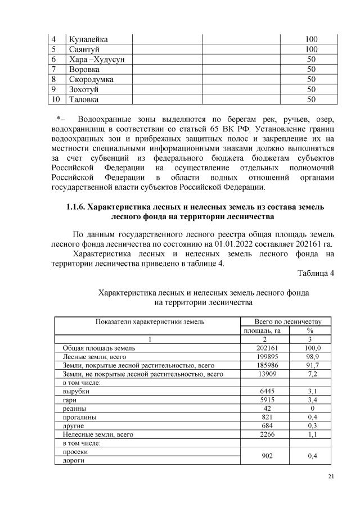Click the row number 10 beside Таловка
tap(55, 99)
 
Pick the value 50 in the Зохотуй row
tap(310, 89)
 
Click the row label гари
tap(69, 400)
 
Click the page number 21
tap(331, 477)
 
